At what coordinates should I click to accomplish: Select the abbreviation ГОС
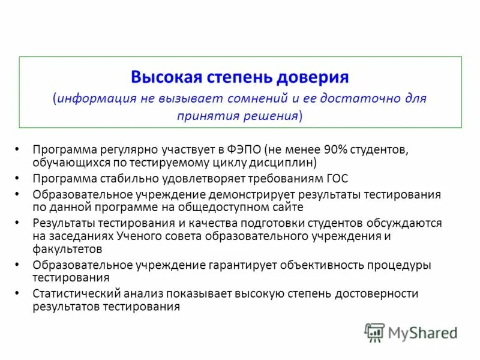tap(337, 178)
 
